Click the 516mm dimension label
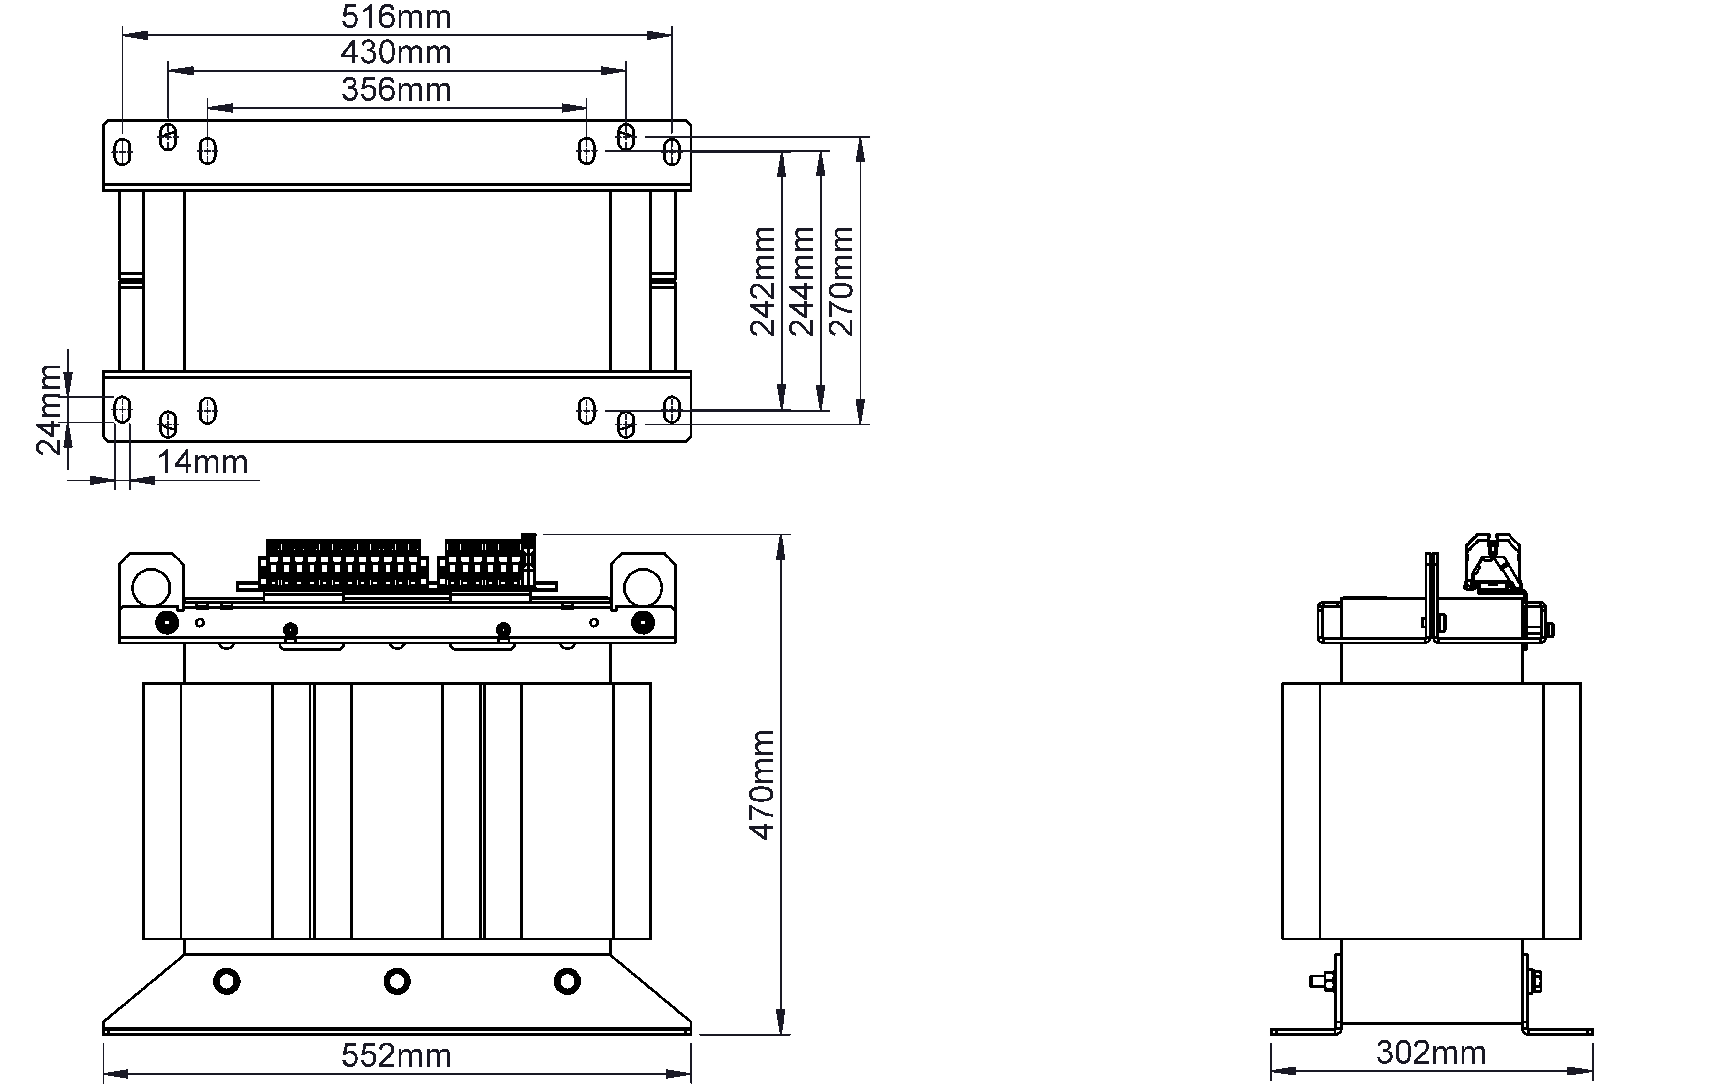coord(396,17)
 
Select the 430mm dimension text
coord(396,53)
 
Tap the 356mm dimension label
coord(396,90)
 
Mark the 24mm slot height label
coord(49,410)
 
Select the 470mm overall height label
coord(762,786)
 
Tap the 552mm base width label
coord(396,1055)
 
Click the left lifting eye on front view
coord(151,587)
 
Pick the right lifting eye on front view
coord(643,587)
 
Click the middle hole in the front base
coord(397,981)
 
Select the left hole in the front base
coord(226,981)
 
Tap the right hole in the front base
coord(567,981)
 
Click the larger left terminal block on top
coord(344,564)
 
